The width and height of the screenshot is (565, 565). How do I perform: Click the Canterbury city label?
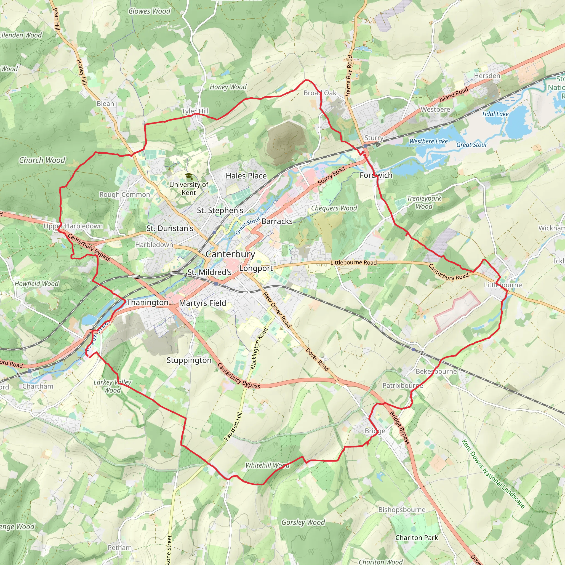point(230,254)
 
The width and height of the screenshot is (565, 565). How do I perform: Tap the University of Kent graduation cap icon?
point(189,176)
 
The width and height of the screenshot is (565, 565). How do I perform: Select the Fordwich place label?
point(376,175)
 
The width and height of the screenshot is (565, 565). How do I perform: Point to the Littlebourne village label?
point(503,285)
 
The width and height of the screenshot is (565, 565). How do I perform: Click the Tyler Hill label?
point(195,111)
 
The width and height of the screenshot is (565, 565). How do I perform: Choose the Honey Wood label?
point(228,87)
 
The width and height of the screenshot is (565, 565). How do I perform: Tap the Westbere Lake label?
point(428,141)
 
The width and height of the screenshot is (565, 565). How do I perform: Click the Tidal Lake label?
point(495,114)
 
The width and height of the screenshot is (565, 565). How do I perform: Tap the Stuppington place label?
point(189,360)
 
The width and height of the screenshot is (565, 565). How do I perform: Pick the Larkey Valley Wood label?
point(112,386)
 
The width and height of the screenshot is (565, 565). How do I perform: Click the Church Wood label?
point(42,160)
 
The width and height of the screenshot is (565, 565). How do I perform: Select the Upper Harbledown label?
point(73,226)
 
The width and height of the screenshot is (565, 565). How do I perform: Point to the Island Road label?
point(454,94)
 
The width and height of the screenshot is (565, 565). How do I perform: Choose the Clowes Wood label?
point(149,11)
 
